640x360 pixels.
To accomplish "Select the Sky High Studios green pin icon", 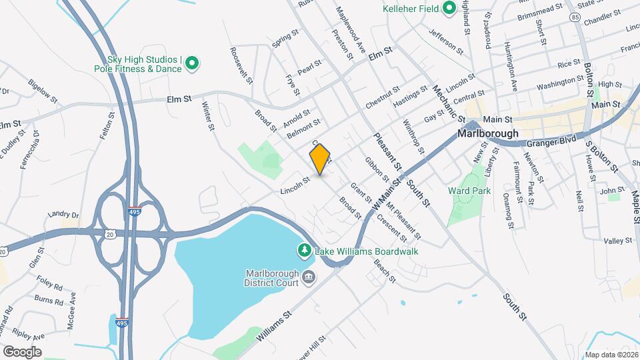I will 192,64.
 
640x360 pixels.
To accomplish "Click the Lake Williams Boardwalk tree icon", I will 304,251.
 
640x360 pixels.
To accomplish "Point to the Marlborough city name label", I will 488,133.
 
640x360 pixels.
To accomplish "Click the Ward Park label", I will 469,191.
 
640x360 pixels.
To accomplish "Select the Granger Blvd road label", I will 551,142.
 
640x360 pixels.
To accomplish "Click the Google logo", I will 22,351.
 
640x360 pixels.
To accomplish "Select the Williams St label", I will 273,323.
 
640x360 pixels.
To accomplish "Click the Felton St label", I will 104,127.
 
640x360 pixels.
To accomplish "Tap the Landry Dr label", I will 63,215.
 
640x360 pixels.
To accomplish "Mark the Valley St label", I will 617,241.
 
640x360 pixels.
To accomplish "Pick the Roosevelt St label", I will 241,65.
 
